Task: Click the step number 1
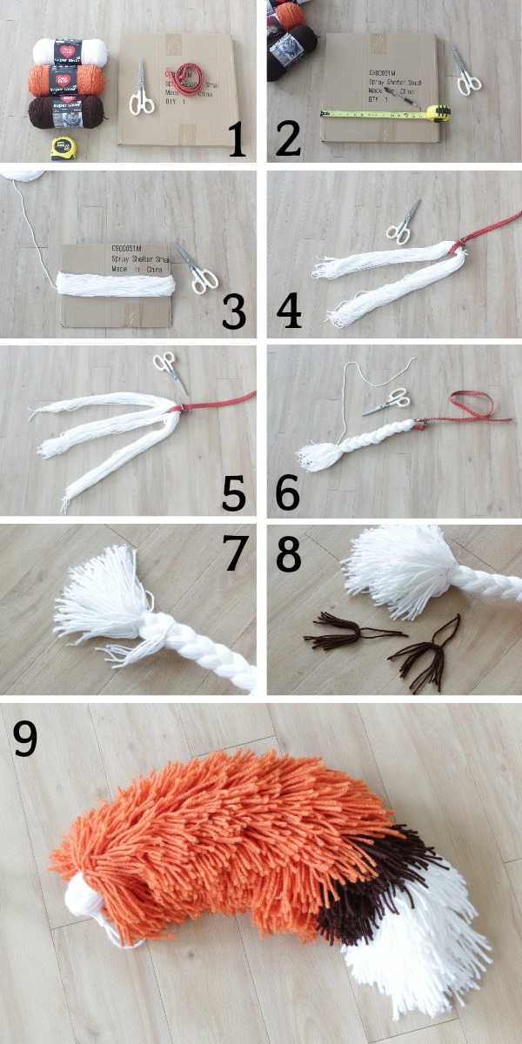237,139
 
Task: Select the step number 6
287,492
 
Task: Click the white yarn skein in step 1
69,50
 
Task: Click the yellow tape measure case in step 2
438,112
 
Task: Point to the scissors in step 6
385,401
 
